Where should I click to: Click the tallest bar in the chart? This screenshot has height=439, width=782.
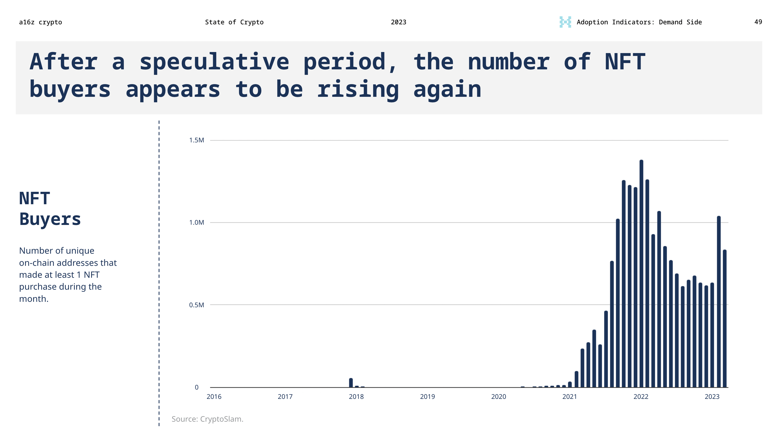tap(641, 273)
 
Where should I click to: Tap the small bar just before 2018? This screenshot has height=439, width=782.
tap(351, 383)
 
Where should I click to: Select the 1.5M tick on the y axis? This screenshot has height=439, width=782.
tap(197, 140)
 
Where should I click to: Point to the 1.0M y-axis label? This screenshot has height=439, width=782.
tap(197, 222)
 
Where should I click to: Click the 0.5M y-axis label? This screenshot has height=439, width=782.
tap(197, 305)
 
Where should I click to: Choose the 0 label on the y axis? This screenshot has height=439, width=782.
tap(197, 387)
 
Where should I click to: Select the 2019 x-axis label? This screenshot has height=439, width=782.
tap(427, 397)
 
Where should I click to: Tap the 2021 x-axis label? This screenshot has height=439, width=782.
tap(569, 397)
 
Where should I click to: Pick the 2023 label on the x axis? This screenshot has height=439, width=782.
tap(712, 397)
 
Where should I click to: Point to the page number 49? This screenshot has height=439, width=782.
tap(758, 22)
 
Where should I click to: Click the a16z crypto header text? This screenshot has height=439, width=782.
tap(40, 22)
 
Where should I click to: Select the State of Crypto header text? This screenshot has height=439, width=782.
tap(234, 22)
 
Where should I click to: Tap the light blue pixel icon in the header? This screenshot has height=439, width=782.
tap(565, 22)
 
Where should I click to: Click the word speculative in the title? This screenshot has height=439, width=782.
tap(214, 62)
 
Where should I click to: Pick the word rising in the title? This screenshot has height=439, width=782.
tap(358, 90)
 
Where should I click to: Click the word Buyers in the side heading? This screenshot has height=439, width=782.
tap(50, 219)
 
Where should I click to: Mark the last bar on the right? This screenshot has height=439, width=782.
tap(725, 319)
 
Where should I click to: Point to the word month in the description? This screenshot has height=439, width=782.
tap(33, 299)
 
